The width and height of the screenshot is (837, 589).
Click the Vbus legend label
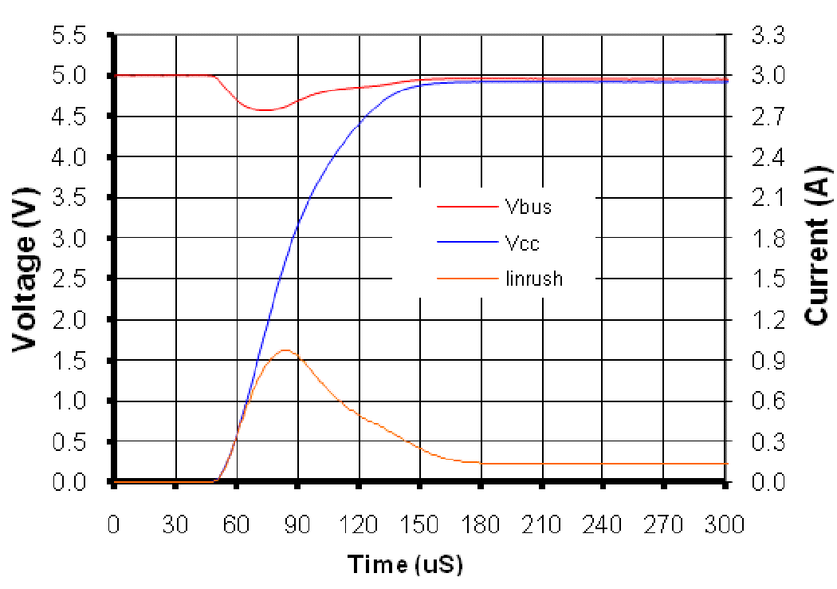coord(529,208)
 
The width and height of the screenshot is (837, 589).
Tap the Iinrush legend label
coord(534,279)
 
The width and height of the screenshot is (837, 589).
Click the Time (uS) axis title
coord(405,564)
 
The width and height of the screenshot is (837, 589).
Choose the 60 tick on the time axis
coord(236,524)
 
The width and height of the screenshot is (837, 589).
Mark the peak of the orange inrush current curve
coord(285,350)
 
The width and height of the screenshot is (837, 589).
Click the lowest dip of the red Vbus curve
coord(265,109)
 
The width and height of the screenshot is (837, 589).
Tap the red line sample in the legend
coord(466,208)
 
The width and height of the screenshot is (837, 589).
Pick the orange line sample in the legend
coord(466,279)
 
